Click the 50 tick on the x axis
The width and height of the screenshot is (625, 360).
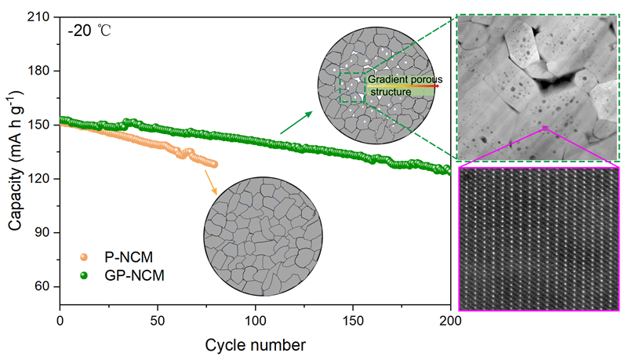tap(158, 320)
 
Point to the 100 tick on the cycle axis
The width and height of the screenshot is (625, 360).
tap(256, 320)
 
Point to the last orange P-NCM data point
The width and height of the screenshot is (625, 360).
tap(214, 164)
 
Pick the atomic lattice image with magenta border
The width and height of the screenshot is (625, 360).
tap(540, 238)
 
